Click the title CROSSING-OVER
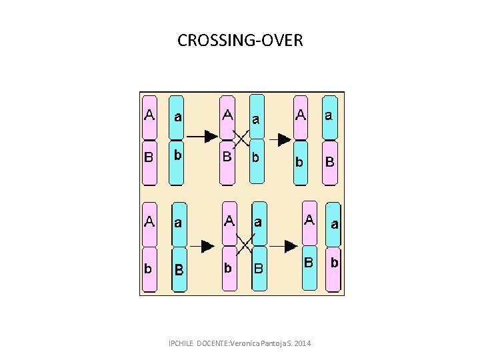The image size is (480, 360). (240, 41)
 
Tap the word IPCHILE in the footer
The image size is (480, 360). (181, 343)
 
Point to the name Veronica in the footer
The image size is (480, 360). (248, 343)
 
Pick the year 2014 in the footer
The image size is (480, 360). (302, 343)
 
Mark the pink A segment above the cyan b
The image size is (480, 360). (301, 115)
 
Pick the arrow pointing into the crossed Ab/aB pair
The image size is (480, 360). (201, 246)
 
